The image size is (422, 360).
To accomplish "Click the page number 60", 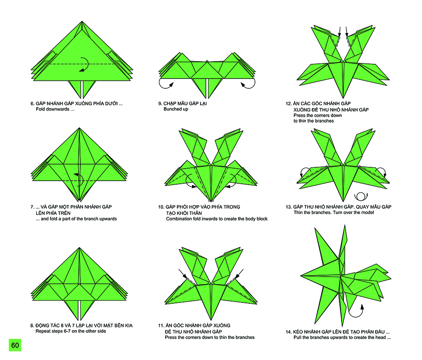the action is click(x=15, y=345).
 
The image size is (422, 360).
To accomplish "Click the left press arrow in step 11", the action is click(x=183, y=274).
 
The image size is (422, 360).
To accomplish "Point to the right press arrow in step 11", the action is click(x=239, y=274).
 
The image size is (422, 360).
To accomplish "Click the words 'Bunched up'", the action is click(x=176, y=109).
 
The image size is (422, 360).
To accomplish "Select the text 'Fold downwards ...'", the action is click(x=55, y=109).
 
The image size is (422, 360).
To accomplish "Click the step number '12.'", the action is click(x=288, y=103).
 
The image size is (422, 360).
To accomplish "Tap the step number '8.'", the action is click(x=32, y=326).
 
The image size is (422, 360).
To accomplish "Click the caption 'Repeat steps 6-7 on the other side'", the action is click(x=71, y=331).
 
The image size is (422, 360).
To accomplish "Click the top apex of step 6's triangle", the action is click(x=82, y=21).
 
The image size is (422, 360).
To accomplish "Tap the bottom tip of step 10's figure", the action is click(x=211, y=201).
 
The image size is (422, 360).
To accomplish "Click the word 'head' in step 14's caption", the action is click(x=381, y=337).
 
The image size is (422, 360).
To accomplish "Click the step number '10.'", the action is click(x=161, y=207).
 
